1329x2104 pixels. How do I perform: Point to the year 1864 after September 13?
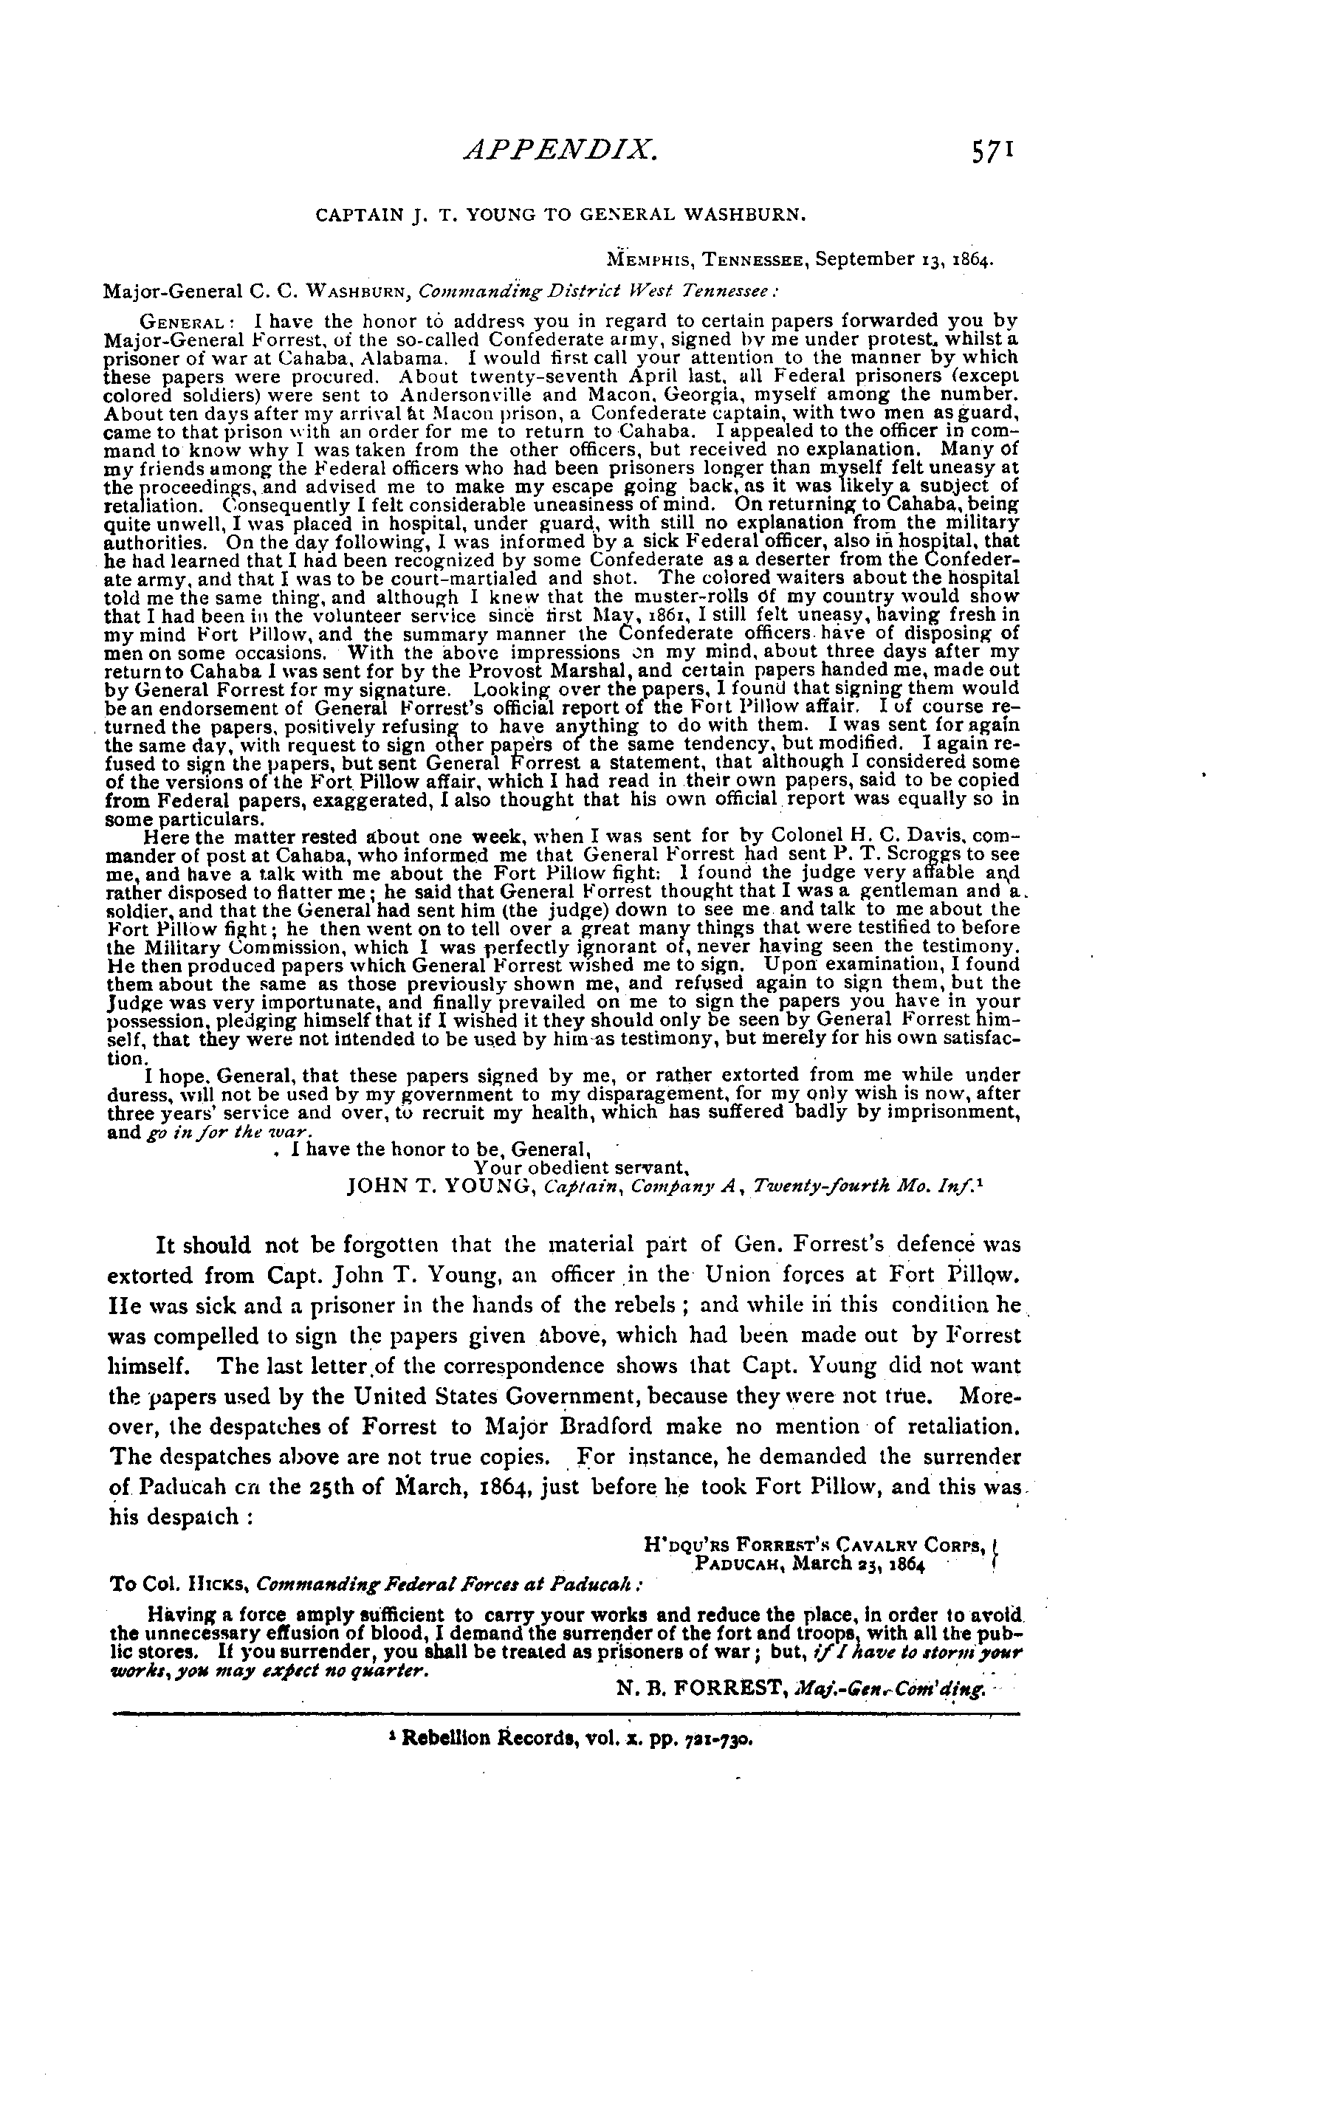coord(972,260)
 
